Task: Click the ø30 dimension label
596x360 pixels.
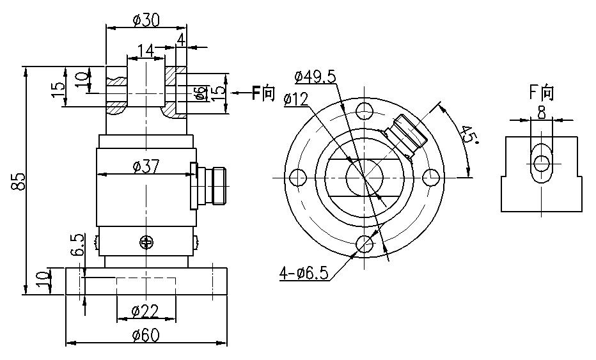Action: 146,20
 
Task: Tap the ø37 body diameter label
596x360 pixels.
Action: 146,166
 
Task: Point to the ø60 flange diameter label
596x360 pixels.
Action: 146,335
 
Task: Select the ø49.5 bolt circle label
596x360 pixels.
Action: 315,77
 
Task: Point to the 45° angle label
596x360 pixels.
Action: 469,135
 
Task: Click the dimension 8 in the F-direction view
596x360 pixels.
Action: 542,113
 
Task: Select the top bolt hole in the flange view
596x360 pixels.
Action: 365,110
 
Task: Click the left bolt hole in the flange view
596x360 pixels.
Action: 298,177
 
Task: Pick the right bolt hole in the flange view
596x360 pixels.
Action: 431,177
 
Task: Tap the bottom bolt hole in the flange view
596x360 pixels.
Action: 365,244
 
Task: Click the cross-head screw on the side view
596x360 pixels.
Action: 146,242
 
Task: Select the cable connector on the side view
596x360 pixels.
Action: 208,186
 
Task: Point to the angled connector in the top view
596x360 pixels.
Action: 406,136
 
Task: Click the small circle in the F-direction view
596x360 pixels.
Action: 542,164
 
